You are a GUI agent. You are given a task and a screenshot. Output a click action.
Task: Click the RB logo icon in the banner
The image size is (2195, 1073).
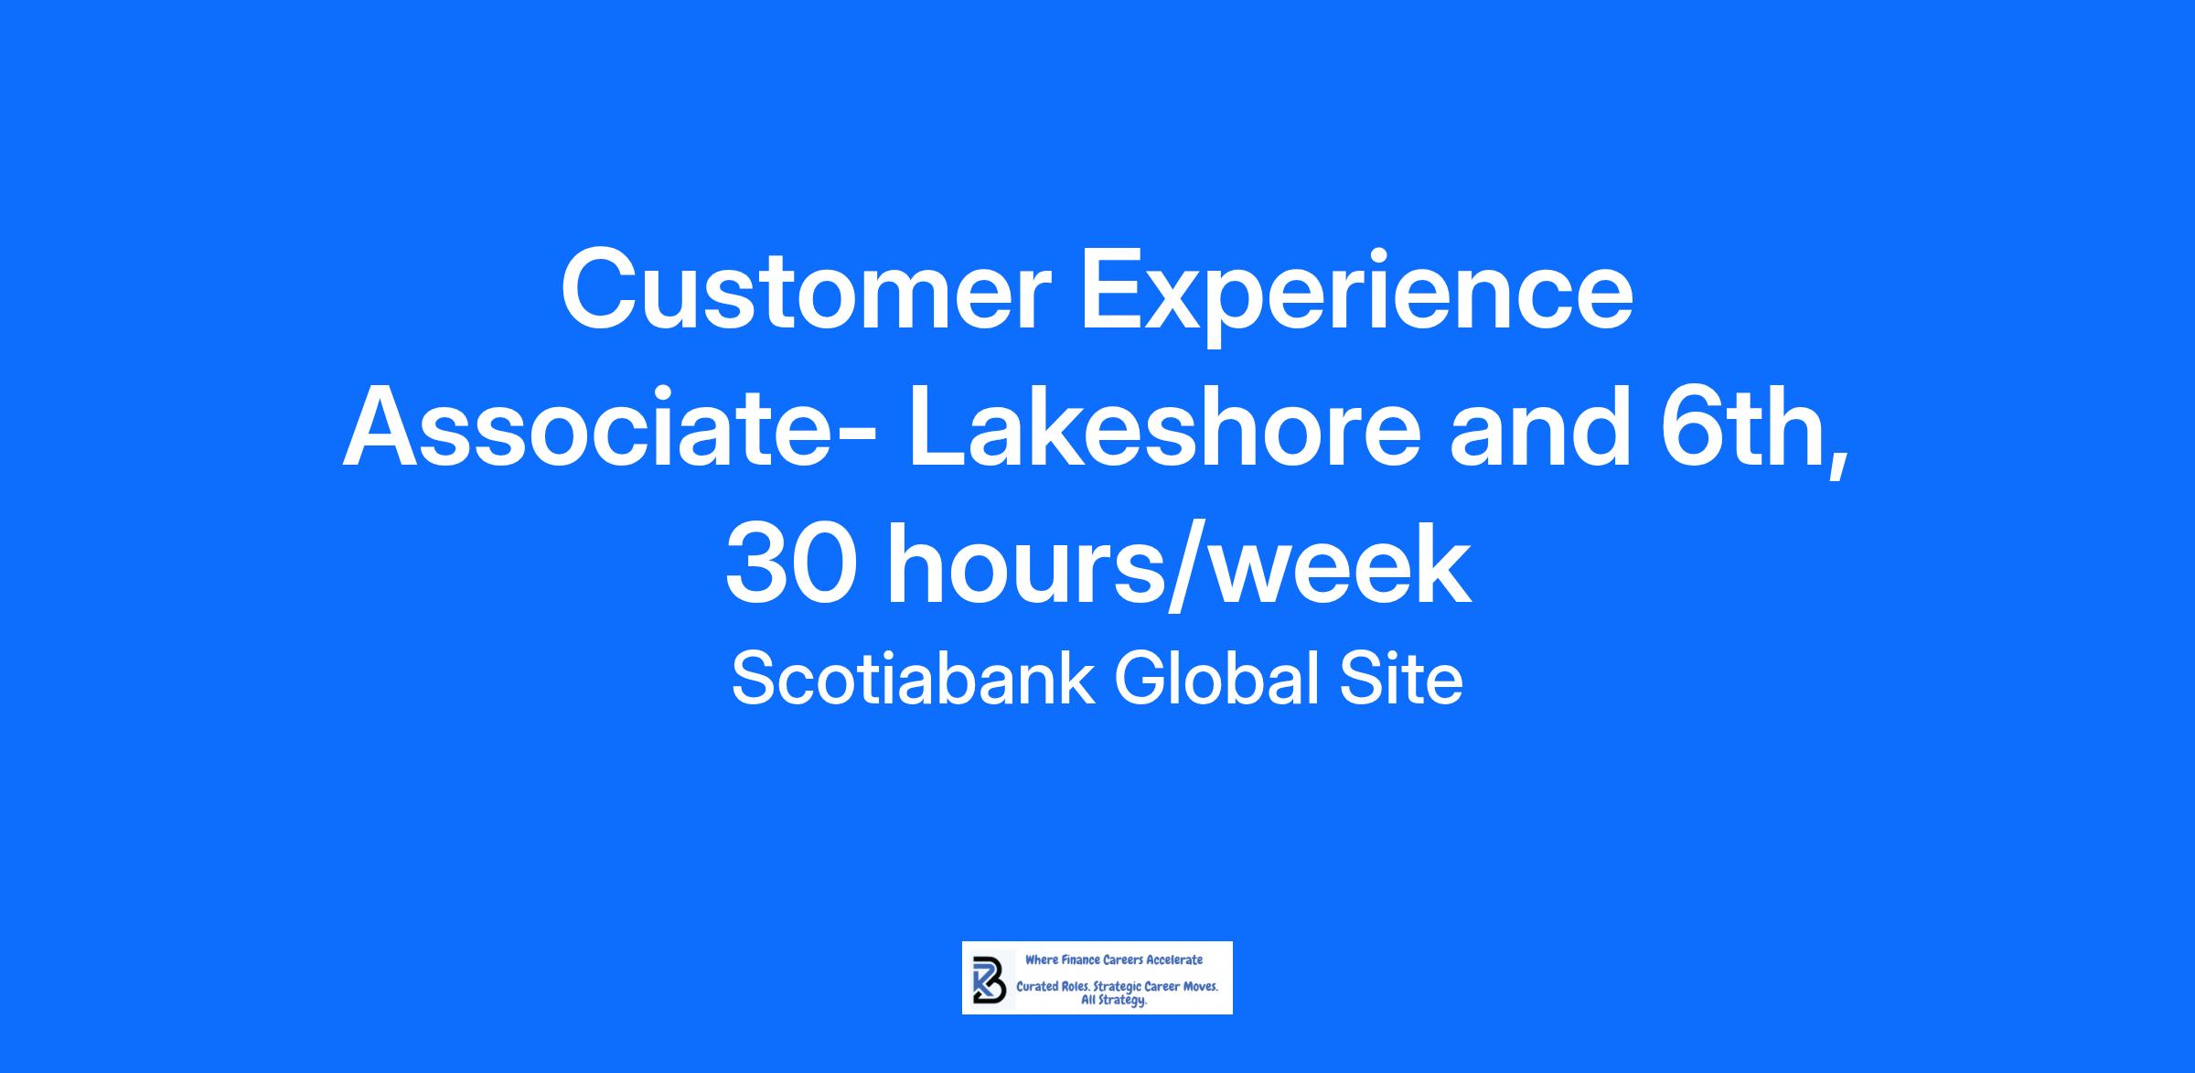click(989, 979)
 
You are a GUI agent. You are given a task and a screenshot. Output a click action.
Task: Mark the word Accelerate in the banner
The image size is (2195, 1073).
click(1174, 960)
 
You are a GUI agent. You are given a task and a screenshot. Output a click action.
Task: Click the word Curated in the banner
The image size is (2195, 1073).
click(1036, 988)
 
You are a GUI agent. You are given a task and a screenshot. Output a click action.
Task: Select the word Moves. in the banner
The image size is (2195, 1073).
click(1200, 988)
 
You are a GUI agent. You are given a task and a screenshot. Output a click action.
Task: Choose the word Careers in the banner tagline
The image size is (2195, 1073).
click(1121, 960)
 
